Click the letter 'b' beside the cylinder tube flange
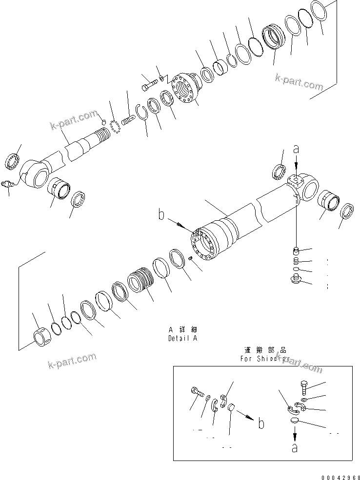[x=160, y=214]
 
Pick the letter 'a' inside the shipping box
[x=295, y=447]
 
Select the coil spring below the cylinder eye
[x=296, y=261]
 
